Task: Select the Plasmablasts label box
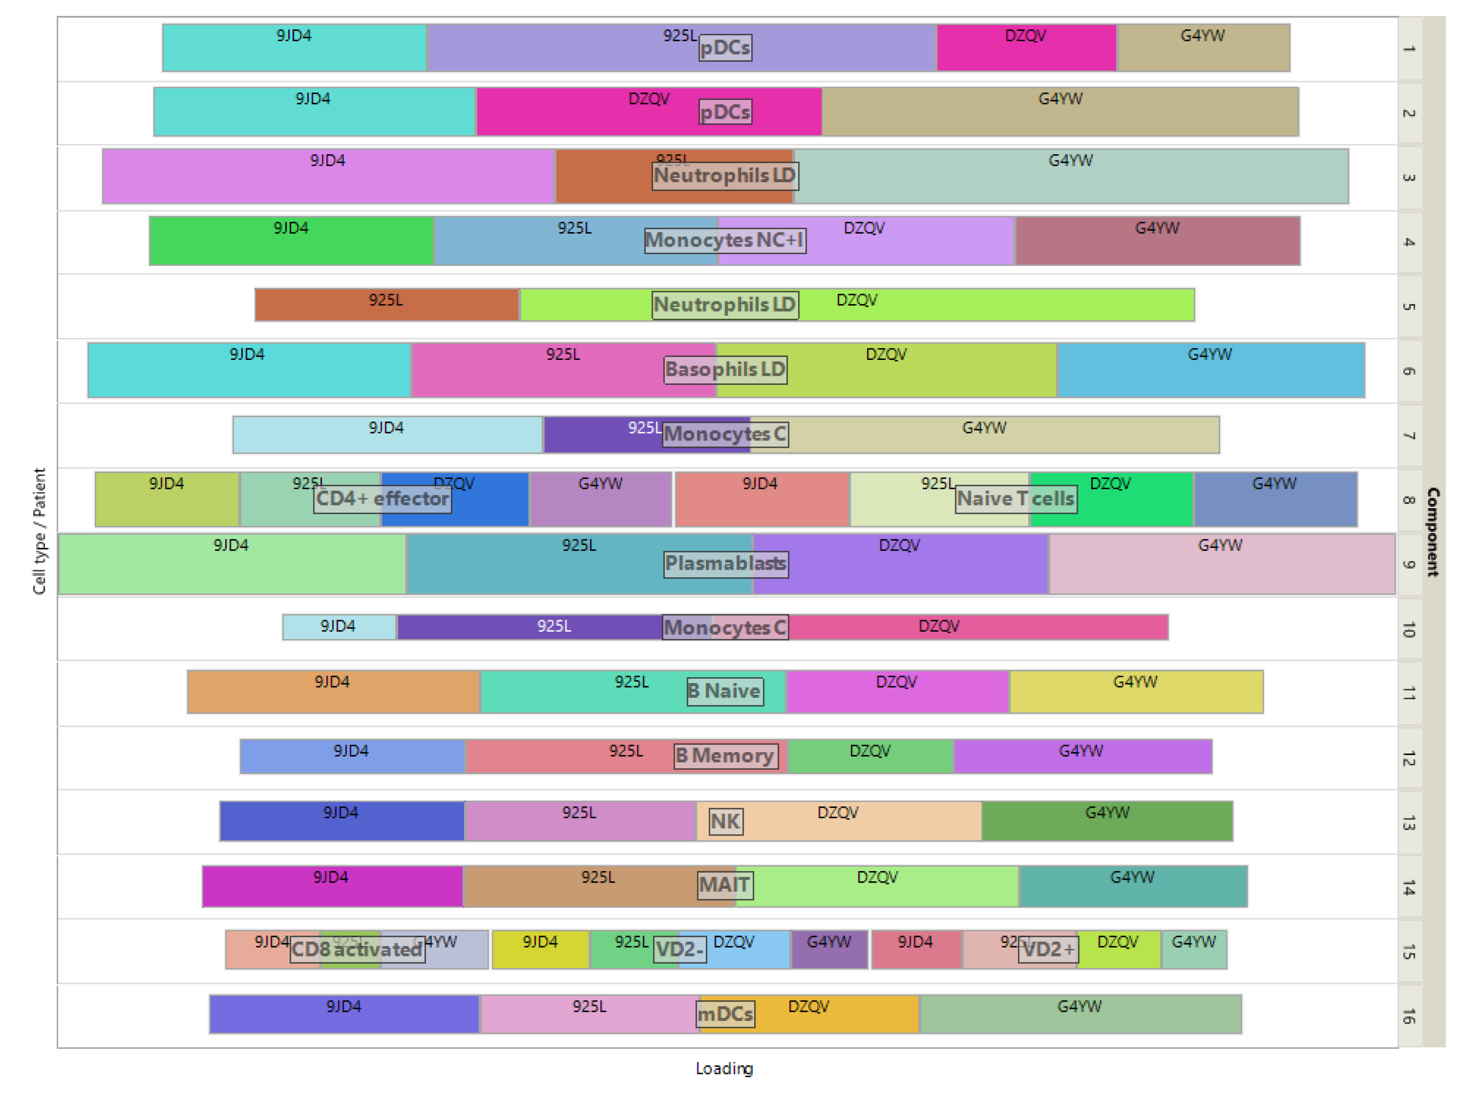tap(726, 564)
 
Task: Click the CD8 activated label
tap(357, 949)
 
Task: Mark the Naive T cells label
tap(1015, 498)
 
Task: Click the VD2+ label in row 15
tap(1047, 949)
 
